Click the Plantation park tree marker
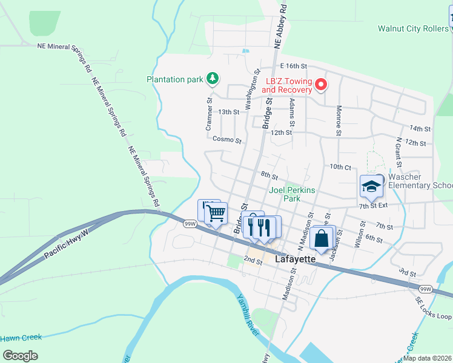213,78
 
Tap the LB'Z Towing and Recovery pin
322,85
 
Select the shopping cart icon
216,213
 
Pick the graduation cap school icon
371,187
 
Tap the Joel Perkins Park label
285,194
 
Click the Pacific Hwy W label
67,243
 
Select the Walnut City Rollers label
412,28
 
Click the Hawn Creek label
21,338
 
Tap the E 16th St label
294,65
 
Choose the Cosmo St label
227,139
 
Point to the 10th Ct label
340,166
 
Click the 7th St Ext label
372,206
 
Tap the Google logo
20,356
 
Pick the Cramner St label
208,115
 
